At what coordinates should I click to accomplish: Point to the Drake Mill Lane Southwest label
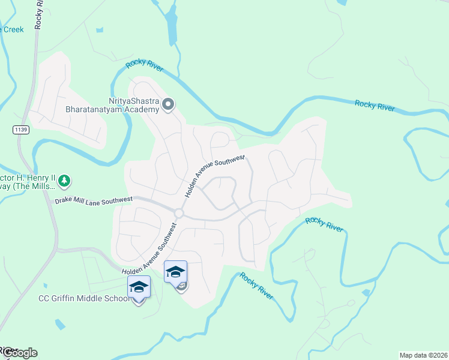(94, 200)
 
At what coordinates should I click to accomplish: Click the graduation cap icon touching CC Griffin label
(139, 287)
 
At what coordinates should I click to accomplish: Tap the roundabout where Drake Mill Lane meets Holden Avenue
(178, 213)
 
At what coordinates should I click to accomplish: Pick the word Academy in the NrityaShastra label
(144, 110)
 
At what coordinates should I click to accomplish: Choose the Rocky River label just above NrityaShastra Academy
(144, 66)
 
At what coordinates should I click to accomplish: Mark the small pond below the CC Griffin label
(59, 325)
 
